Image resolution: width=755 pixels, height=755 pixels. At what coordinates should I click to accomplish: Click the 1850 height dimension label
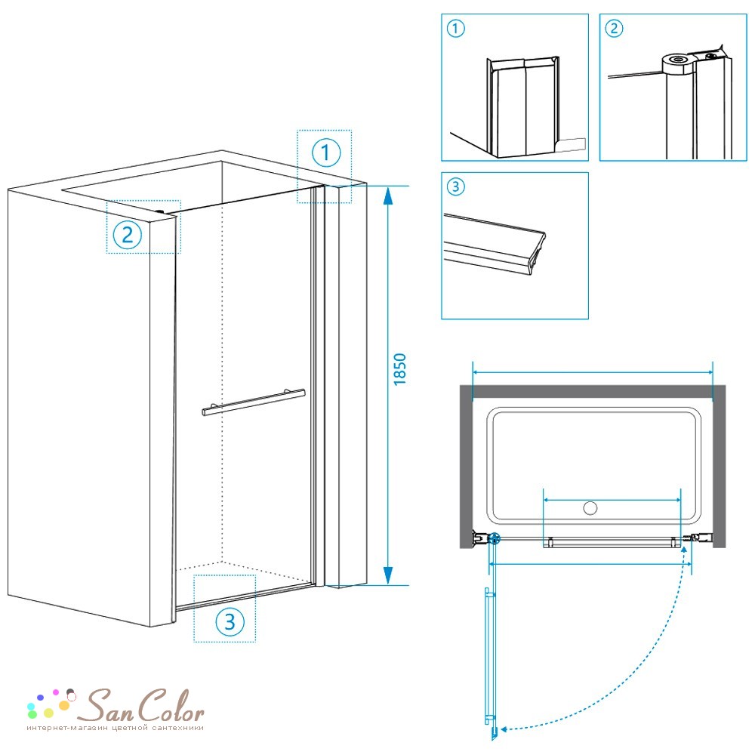(x=400, y=369)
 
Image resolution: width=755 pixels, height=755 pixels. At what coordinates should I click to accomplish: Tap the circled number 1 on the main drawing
(x=326, y=153)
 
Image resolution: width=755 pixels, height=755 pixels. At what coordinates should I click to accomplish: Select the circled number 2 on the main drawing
(x=127, y=235)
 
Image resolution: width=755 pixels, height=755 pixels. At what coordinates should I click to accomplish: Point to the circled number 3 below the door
(x=230, y=621)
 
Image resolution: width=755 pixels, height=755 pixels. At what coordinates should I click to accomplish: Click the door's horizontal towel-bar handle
(x=254, y=402)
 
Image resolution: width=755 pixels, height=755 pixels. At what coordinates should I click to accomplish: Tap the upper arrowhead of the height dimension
(x=387, y=196)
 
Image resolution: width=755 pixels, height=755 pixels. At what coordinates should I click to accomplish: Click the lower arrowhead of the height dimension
(x=387, y=575)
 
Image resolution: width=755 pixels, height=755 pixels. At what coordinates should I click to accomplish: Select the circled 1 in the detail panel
(x=455, y=29)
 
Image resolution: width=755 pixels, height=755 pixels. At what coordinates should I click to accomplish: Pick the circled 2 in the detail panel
(x=613, y=29)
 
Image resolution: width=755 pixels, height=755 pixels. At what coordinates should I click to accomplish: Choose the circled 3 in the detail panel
(x=455, y=186)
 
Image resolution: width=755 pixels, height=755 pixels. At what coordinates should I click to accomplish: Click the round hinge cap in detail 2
(x=678, y=64)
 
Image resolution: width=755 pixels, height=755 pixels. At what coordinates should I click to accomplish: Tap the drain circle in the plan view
(x=590, y=507)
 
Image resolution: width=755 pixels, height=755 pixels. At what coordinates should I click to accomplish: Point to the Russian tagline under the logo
(x=115, y=728)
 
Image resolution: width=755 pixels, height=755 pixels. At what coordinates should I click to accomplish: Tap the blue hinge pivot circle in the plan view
(x=495, y=538)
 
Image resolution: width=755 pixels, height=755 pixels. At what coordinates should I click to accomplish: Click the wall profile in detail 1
(x=523, y=107)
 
